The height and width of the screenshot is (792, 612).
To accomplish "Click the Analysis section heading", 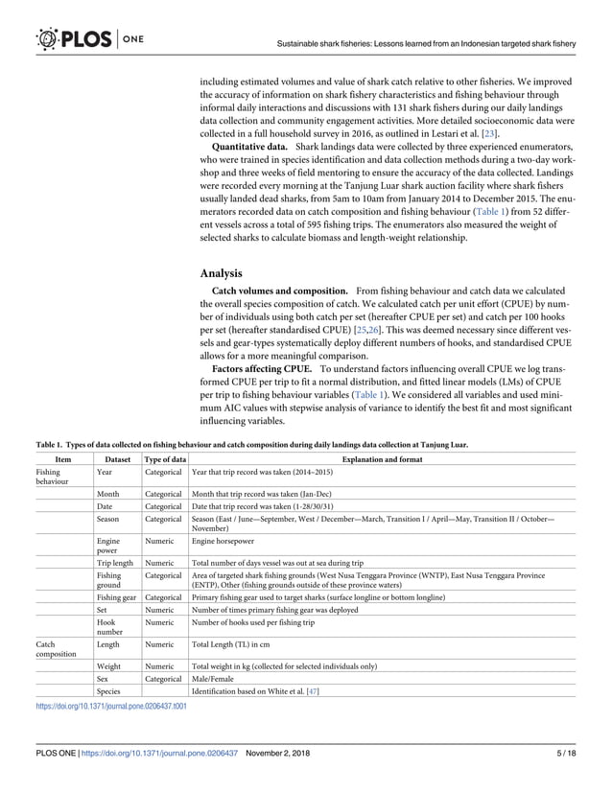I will click(221, 272).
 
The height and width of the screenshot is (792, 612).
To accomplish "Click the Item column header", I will click(63, 460).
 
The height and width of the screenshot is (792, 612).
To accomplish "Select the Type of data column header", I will click(164, 460).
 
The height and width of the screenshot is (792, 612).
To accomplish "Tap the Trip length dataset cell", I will click(115, 563).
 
